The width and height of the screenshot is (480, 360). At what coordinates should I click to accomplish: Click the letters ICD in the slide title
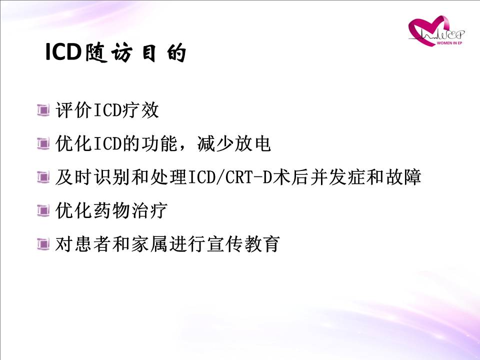(x=63, y=52)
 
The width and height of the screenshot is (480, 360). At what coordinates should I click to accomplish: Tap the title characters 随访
(x=109, y=52)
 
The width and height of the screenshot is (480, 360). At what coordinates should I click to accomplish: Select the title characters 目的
(x=164, y=52)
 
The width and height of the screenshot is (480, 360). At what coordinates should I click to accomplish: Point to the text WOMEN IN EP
(x=449, y=43)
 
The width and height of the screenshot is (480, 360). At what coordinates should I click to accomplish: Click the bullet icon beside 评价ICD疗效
(x=43, y=110)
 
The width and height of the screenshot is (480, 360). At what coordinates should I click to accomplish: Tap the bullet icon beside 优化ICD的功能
(x=43, y=143)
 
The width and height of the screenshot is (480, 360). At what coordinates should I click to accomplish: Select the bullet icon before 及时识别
(x=43, y=177)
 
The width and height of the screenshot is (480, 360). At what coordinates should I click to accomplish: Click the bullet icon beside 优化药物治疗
(x=43, y=210)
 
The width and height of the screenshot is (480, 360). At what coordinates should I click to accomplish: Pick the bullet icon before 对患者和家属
(x=43, y=244)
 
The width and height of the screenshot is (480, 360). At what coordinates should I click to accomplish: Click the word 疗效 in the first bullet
(x=140, y=110)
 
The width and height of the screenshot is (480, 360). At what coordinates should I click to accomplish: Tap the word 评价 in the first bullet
(x=74, y=110)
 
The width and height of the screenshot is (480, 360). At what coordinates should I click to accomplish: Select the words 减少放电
(x=234, y=143)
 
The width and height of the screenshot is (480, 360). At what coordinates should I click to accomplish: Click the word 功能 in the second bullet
(x=160, y=143)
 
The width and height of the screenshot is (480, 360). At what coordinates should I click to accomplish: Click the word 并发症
(x=337, y=177)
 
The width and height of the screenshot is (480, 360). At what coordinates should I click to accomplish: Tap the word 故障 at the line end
(x=403, y=177)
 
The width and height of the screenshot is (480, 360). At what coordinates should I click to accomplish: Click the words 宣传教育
(x=243, y=244)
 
